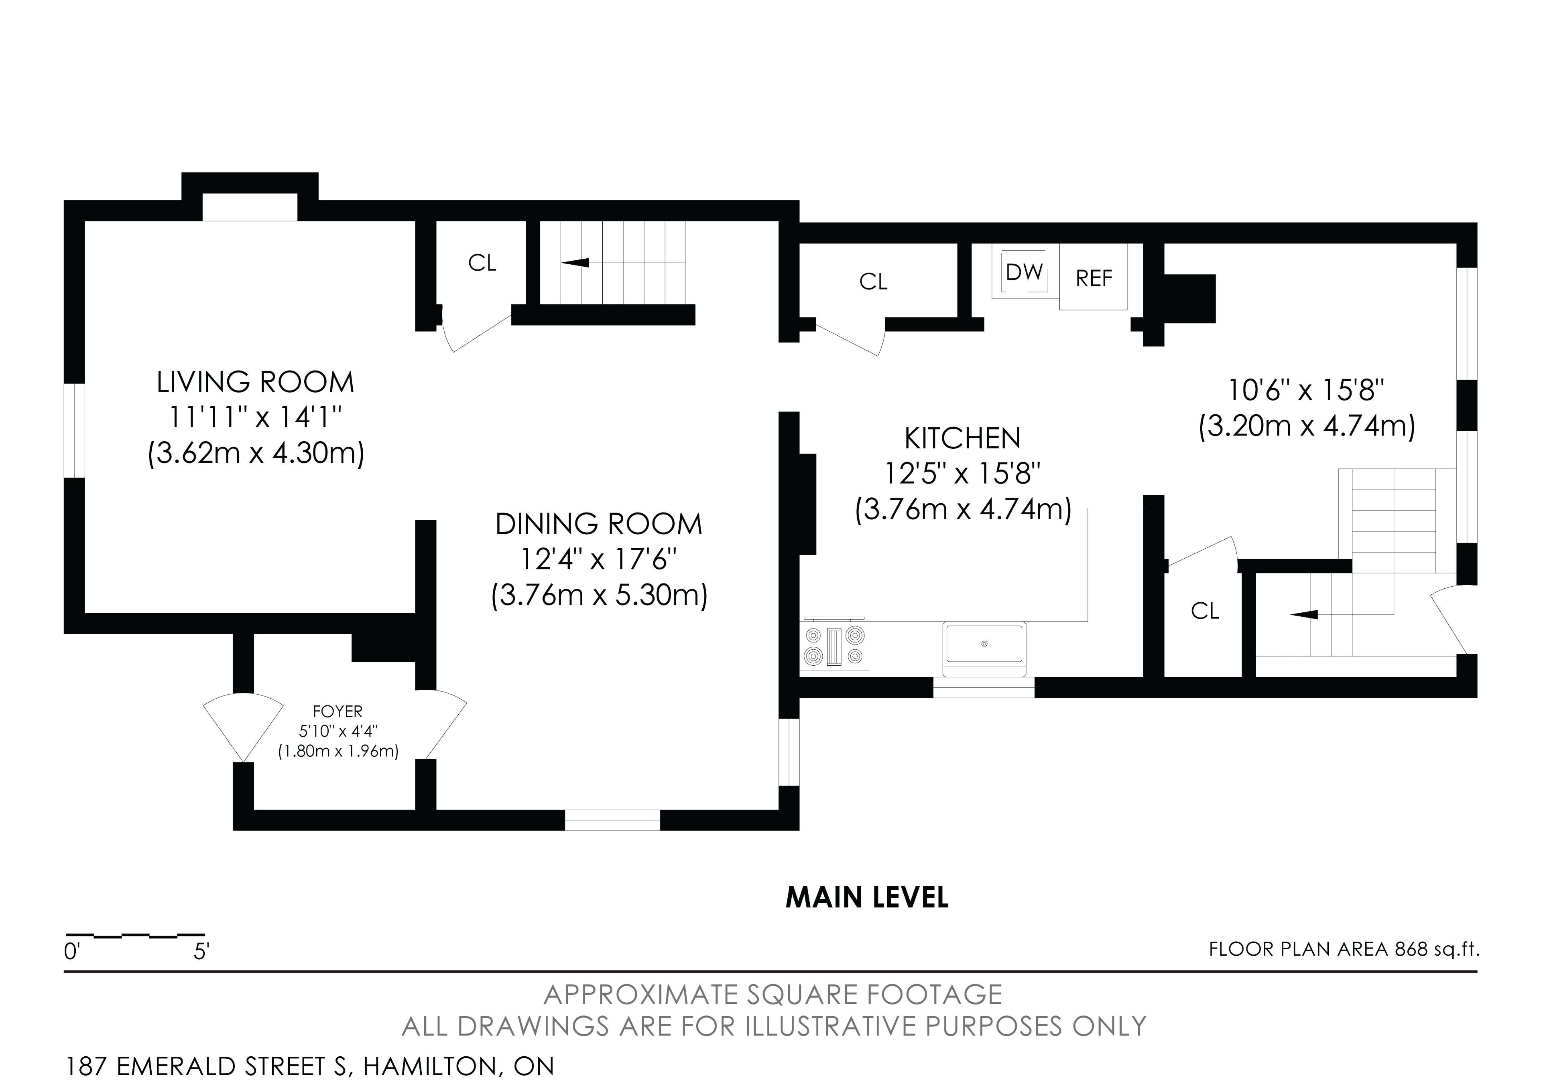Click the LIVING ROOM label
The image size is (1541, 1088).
coord(255,382)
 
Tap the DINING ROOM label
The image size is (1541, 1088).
coord(599,524)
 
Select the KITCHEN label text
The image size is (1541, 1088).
coord(962,439)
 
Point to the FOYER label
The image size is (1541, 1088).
coord(337,711)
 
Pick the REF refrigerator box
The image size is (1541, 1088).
coord(1093,278)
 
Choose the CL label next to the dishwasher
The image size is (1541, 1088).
coord(873,282)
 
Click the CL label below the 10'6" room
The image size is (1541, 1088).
coord(1205,611)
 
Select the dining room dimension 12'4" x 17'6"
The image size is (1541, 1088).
coord(599,559)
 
